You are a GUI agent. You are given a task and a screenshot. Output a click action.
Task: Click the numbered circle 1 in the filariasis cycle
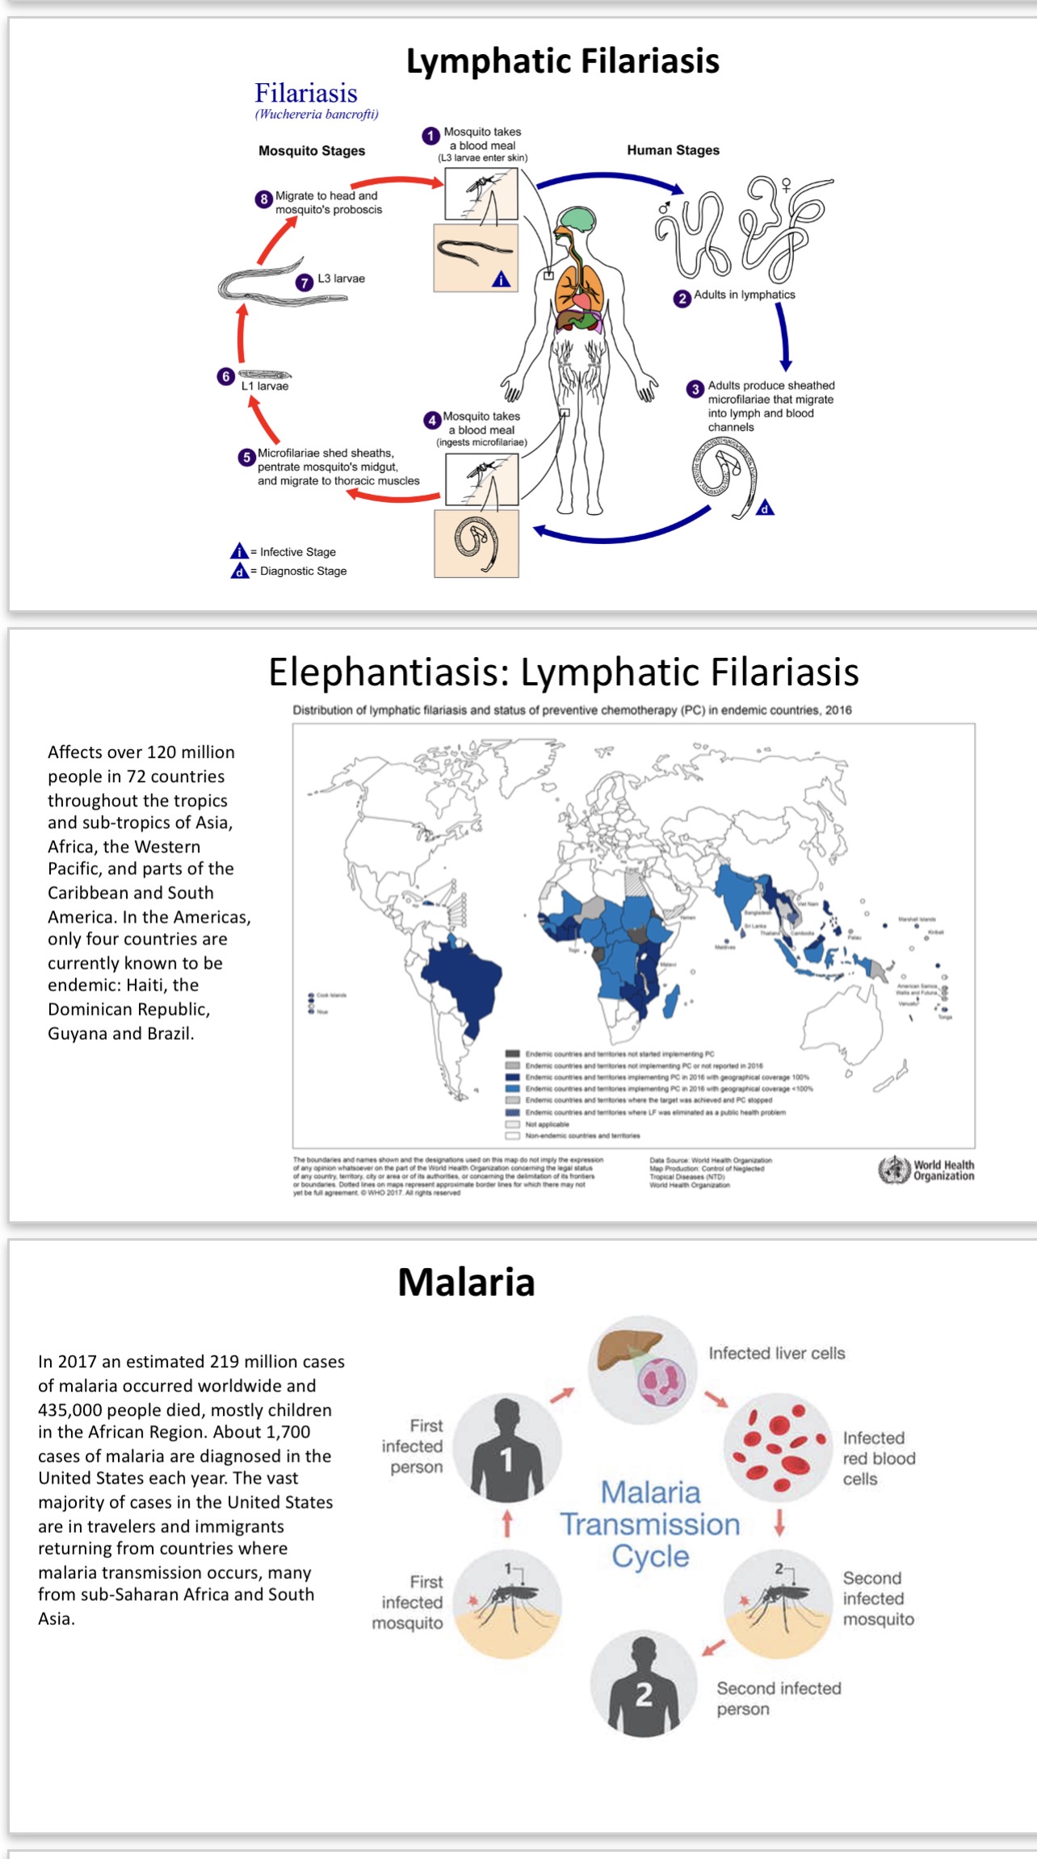[431, 136]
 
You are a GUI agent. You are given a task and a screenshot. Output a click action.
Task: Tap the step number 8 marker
[264, 199]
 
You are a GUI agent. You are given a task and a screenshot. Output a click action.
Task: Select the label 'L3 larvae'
[341, 278]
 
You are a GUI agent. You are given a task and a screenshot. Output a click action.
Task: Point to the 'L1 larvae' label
[265, 387]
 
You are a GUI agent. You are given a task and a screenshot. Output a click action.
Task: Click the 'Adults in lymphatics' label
[744, 295]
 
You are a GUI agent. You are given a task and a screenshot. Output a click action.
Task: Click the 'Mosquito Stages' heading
[312, 151]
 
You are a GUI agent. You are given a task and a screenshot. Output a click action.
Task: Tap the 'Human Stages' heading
[673, 150]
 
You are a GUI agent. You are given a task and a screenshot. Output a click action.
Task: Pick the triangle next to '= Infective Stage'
[239, 552]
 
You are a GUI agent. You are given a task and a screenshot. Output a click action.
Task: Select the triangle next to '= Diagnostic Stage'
[239, 572]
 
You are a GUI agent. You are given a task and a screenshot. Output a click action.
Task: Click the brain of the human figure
[578, 219]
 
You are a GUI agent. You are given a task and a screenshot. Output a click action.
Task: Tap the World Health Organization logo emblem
[894, 1170]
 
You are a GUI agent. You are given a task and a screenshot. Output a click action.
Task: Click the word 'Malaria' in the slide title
[466, 1283]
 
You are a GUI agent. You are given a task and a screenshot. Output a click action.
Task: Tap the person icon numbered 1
[506, 1447]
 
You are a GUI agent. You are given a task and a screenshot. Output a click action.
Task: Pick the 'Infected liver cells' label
[776, 1354]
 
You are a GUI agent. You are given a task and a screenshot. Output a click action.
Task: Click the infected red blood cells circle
[777, 1445]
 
